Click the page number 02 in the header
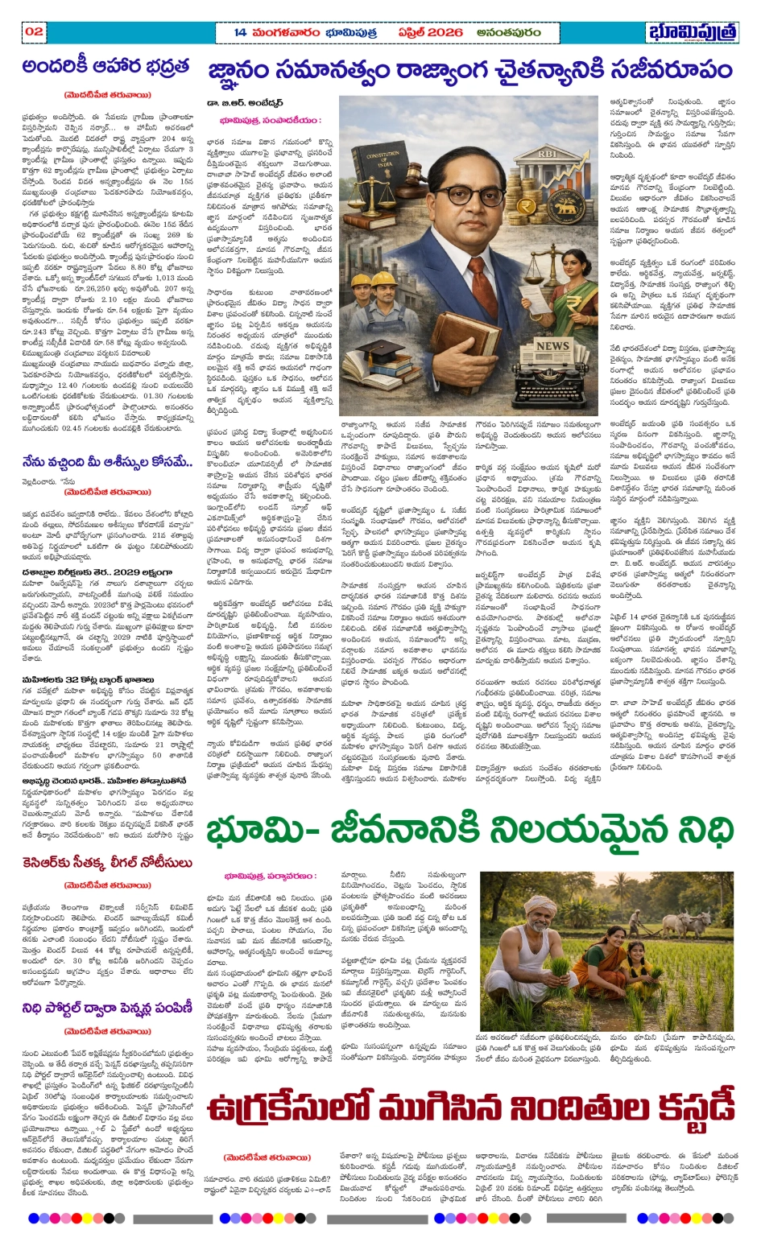pos(34,31)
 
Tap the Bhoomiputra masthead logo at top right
pos(693,32)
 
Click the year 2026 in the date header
pos(444,32)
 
